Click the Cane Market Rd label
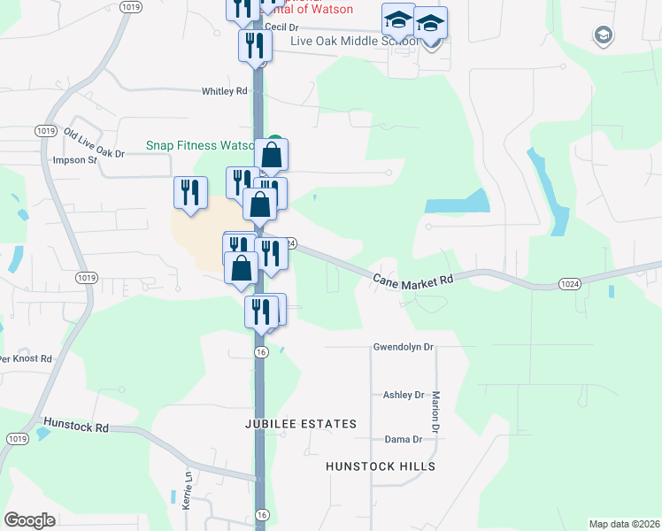412,278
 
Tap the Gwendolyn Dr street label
404,347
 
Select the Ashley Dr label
404,395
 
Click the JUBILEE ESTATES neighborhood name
301,424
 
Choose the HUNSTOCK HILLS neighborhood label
381,466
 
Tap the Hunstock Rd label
75,426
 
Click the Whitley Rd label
225,91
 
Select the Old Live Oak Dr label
94,143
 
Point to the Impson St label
74,160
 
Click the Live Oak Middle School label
354,42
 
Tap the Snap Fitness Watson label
201,146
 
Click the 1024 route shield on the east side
569,283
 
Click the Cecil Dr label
282,27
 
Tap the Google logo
29,520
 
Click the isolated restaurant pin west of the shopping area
190,192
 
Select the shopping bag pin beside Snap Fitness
272,155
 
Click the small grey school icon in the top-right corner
603,35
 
